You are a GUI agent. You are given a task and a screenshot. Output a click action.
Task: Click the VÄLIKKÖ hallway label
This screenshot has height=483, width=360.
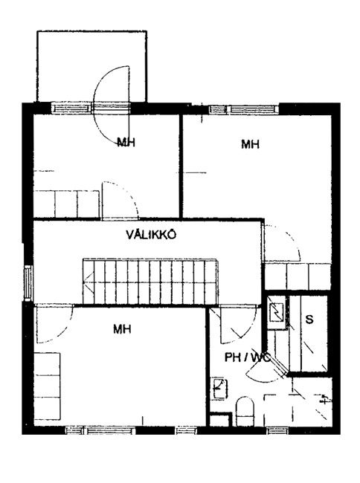(151, 235)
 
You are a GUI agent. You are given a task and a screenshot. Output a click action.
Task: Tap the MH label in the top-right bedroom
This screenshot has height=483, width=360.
(250, 144)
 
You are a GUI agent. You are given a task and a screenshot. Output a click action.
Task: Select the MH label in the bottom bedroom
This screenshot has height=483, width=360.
(122, 329)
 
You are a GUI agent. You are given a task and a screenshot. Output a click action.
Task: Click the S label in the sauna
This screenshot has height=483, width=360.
(309, 319)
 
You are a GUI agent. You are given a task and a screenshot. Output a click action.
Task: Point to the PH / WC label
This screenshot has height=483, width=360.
(248, 357)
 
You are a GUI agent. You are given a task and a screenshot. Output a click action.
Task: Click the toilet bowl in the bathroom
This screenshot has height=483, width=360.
(245, 411)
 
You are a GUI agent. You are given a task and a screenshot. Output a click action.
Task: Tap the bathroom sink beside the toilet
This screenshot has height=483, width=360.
(219, 389)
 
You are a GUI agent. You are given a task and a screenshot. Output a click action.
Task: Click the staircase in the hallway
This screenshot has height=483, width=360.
(150, 282)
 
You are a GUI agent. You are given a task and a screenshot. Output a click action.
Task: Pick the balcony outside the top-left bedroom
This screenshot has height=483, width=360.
(91, 66)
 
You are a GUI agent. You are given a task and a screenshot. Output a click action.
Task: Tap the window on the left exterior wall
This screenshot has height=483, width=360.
(28, 282)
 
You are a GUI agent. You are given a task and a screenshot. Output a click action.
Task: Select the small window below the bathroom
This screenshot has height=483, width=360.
(277, 430)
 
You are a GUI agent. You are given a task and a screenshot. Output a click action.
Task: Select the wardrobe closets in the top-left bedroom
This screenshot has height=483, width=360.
(66, 204)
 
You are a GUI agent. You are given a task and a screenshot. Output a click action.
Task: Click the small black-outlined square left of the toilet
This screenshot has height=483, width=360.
(220, 420)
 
